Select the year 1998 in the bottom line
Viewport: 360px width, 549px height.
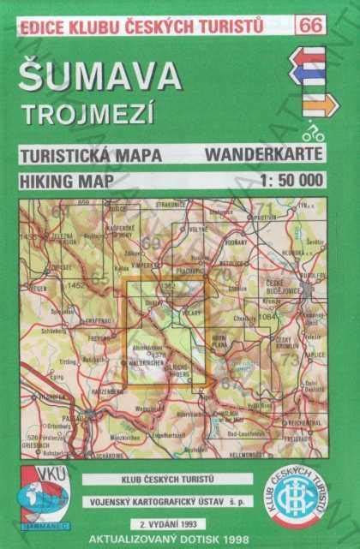[x=258, y=539]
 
